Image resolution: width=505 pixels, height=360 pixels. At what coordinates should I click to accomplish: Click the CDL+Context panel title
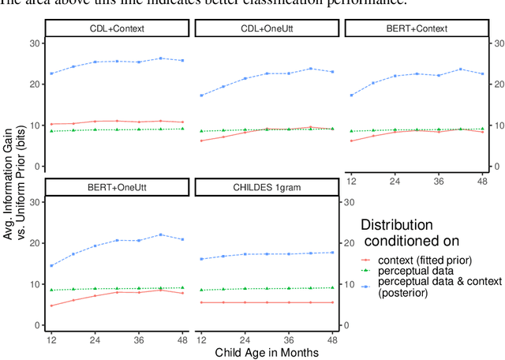pos(117,29)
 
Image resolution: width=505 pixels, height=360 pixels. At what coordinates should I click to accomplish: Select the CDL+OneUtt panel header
pos(267,29)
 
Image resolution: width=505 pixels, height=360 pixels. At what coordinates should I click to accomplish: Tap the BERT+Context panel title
pos(418,29)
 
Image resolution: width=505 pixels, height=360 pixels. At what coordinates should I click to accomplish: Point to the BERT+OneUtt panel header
pos(117,188)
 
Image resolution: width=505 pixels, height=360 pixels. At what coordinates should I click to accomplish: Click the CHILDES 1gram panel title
pos(267,188)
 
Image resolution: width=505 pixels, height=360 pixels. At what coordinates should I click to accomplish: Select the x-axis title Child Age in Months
pos(267,352)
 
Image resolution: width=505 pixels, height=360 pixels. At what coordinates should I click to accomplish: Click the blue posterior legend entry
pos(418,287)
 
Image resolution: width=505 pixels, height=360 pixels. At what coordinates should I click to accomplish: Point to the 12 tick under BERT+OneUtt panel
pos(52,340)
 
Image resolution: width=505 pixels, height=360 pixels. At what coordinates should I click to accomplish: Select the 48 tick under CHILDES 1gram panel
pos(331,340)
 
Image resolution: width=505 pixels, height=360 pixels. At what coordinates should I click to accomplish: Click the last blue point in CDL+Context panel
pos(182,61)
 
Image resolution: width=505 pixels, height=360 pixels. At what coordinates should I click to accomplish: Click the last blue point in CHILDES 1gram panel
pos(331,253)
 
